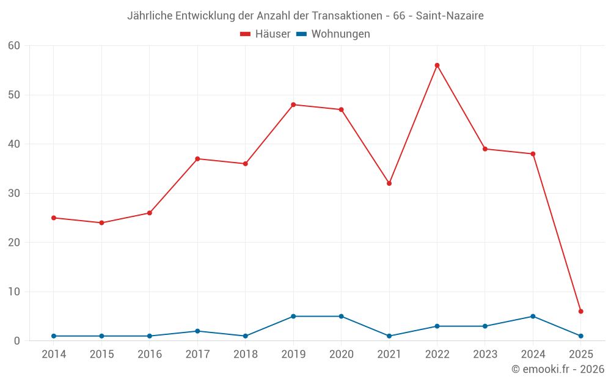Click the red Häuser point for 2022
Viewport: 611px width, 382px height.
coord(437,65)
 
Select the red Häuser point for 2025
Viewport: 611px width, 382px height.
coord(580,312)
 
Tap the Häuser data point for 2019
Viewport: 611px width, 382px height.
coord(293,105)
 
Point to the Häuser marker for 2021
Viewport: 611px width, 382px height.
coord(389,183)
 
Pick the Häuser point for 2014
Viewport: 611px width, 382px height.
coord(54,218)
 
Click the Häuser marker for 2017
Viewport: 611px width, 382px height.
coord(197,159)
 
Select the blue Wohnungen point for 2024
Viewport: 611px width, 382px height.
coord(533,317)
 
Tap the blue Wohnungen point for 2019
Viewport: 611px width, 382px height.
coord(293,317)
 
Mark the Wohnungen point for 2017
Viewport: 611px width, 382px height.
coord(197,331)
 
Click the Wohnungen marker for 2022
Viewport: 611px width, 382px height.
coord(437,326)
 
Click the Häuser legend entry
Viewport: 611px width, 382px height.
coord(265,34)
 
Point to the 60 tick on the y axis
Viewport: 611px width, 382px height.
coord(14,46)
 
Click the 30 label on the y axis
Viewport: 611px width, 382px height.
coord(14,193)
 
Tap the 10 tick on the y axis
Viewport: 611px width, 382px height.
coord(14,292)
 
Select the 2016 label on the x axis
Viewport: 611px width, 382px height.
coord(150,354)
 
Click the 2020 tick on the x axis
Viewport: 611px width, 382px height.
coord(342,354)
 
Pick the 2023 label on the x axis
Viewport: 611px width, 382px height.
coord(485,354)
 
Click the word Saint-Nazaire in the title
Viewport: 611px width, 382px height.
coord(450,16)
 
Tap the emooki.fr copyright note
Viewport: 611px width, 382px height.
coord(557,369)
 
